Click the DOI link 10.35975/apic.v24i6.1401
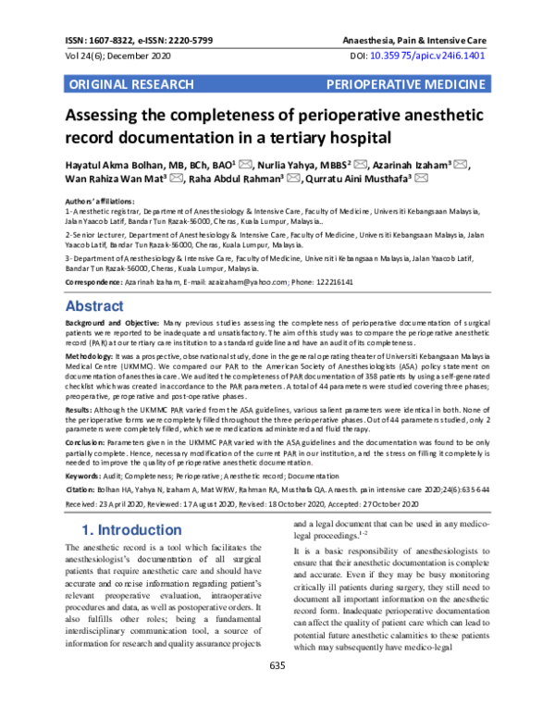coord(447,56)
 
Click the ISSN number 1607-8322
coord(110,41)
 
